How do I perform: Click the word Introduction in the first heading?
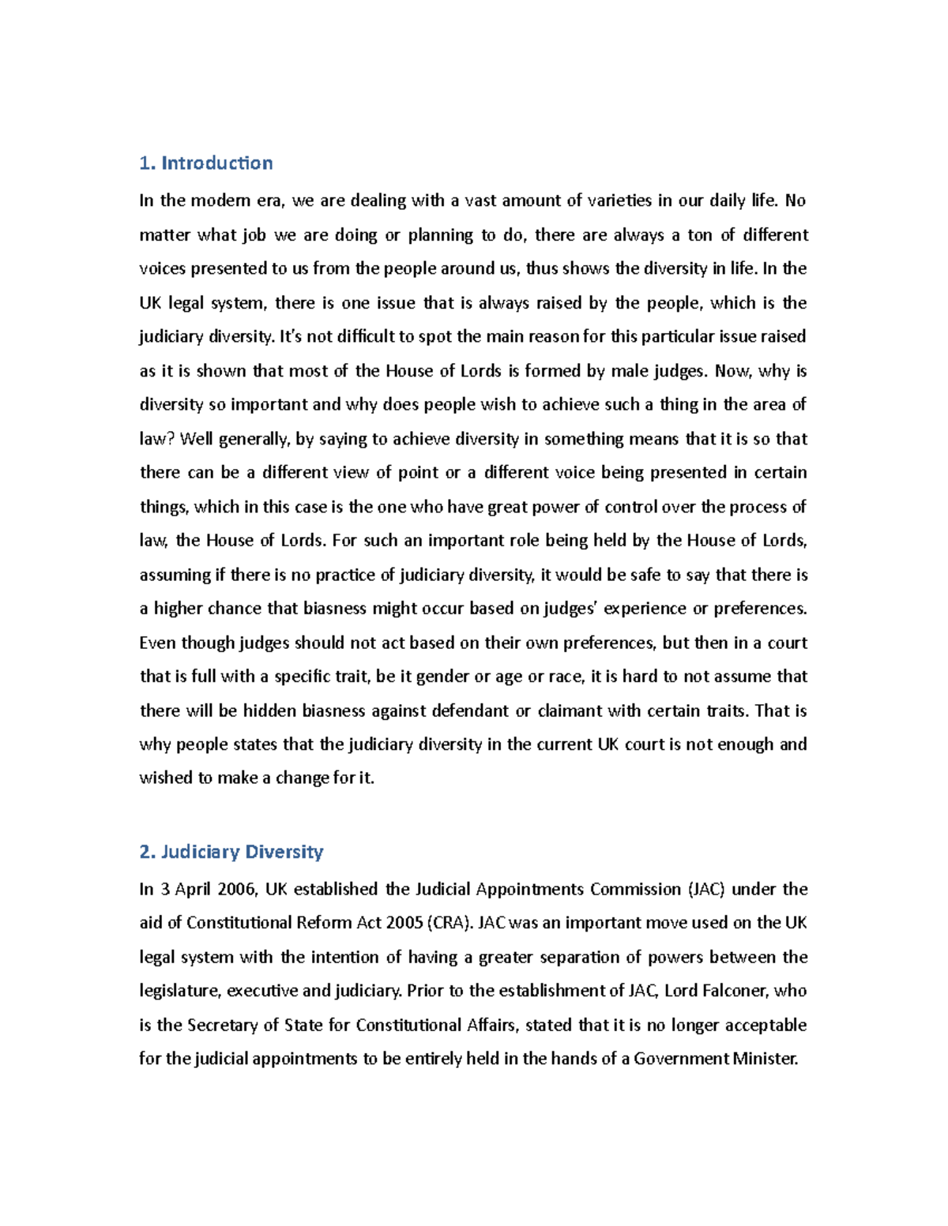coord(217,163)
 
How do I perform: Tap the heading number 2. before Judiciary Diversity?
coord(147,852)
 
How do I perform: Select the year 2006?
coord(236,890)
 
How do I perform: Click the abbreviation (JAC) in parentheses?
coord(705,890)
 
